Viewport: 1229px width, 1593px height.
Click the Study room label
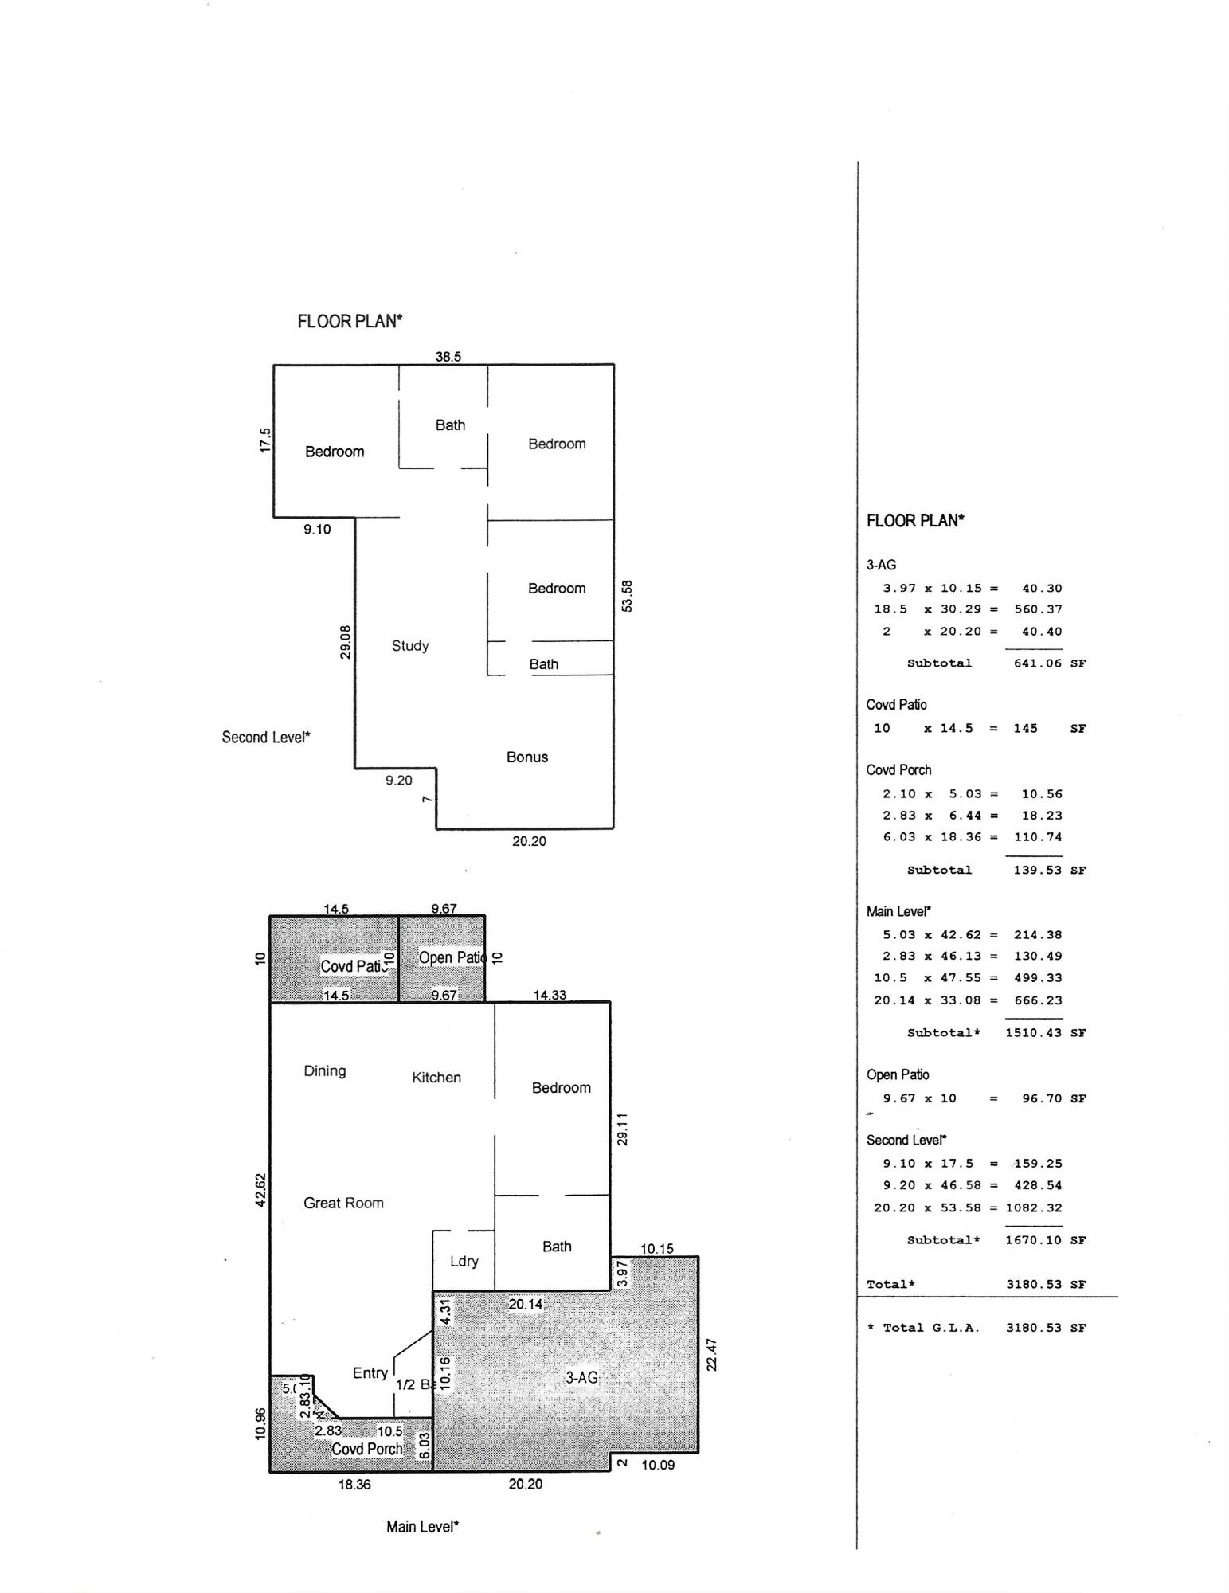point(410,646)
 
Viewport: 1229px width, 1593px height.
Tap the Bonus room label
point(527,757)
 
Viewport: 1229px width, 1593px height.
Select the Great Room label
point(343,1203)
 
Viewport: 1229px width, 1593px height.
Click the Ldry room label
point(464,1262)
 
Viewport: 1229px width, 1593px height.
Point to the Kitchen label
point(436,1078)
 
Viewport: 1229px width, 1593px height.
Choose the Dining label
point(325,1071)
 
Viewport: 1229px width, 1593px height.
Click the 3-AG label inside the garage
point(581,1377)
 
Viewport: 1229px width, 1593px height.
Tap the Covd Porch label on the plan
point(366,1449)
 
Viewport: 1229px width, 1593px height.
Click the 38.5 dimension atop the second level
point(448,357)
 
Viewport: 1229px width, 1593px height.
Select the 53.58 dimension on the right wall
point(627,596)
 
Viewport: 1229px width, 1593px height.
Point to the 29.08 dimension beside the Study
point(345,642)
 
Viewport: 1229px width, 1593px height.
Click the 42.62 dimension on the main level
point(260,1190)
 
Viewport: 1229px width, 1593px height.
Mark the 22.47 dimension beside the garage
point(712,1355)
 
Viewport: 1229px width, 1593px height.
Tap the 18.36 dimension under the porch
point(354,1485)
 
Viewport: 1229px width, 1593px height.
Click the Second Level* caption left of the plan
point(266,738)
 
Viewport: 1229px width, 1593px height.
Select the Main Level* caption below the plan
point(422,1527)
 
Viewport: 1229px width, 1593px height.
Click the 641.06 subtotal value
point(1037,663)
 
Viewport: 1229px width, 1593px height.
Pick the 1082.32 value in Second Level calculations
point(1034,1208)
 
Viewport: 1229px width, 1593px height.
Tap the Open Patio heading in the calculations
point(898,1075)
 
